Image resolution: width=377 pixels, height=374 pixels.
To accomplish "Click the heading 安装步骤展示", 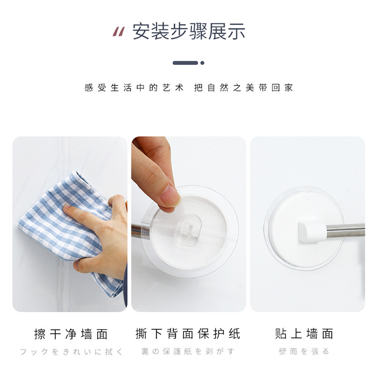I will pos(189,31).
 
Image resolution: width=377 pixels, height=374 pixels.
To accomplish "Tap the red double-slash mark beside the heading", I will pos(118,32).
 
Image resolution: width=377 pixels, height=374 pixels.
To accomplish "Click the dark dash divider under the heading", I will pos(185,63).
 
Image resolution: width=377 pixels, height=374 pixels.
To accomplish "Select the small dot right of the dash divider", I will pos(203,63).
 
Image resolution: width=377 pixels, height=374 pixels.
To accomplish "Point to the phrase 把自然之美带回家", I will pos(243,88).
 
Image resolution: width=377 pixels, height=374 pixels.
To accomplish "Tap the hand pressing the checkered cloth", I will pos(103,236).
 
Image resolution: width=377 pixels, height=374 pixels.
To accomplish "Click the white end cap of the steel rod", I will pos(307,231).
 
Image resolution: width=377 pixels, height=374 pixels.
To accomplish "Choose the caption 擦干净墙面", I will pos(71,333).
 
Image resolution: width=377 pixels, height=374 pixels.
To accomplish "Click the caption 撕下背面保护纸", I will pos(189,333).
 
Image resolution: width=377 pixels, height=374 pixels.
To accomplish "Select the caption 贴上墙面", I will pos(304,333).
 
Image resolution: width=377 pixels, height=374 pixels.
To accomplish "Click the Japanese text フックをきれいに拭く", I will pos(71,352).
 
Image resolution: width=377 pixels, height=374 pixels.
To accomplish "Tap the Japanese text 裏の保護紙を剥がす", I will pos(189,352).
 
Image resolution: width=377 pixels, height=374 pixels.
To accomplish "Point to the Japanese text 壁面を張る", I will pos(304,352).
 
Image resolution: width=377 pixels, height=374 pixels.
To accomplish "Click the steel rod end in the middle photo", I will pos(136,231).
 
